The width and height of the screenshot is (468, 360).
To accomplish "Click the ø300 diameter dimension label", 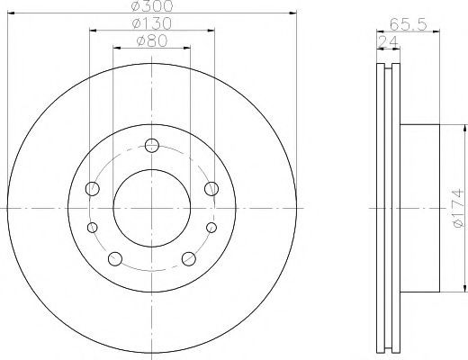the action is (x=152, y=6).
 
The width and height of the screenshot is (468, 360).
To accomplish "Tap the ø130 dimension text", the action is (x=152, y=23).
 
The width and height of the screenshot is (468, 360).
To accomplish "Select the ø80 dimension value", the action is (x=152, y=41).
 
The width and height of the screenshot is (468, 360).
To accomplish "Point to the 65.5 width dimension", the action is (x=408, y=24).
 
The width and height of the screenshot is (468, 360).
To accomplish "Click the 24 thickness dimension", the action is (x=387, y=41).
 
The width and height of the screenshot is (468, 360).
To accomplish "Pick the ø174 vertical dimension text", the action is (x=459, y=208).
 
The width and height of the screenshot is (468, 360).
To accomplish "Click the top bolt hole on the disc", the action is (x=152, y=146).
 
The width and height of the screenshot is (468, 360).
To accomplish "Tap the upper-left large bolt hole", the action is (x=93, y=189).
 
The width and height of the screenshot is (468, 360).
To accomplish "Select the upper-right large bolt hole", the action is (x=211, y=189).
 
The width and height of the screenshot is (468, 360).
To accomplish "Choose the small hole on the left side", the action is (x=93, y=228).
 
